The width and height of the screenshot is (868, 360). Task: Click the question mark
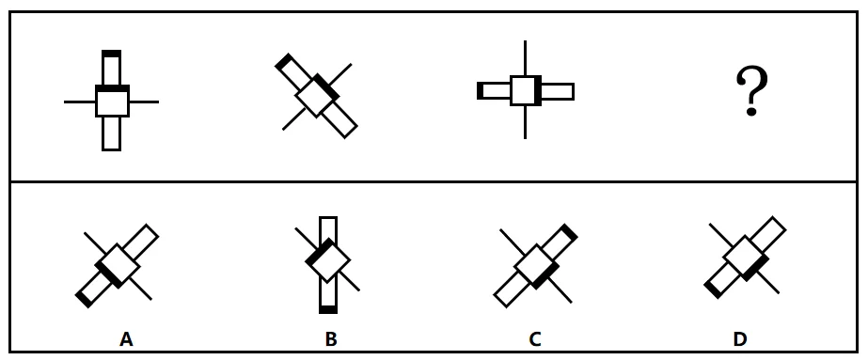(x=751, y=90)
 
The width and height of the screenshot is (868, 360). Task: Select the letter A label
(x=126, y=338)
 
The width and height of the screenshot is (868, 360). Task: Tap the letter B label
(x=330, y=338)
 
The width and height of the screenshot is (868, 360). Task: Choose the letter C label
(x=535, y=338)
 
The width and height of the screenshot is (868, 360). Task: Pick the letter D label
(x=740, y=338)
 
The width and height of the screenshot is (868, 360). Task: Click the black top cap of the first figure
(x=111, y=54)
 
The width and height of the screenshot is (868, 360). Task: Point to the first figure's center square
(x=112, y=102)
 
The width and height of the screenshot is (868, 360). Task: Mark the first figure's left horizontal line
(x=80, y=102)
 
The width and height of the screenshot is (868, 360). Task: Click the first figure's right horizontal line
(x=144, y=102)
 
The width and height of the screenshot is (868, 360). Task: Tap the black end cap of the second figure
(x=283, y=61)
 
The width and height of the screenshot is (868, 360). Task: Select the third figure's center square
(x=526, y=90)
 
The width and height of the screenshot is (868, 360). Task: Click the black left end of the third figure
(x=480, y=90)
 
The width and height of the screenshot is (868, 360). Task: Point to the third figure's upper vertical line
(x=525, y=58)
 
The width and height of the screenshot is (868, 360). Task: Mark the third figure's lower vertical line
(x=525, y=122)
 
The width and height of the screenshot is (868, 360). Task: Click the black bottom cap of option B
(x=328, y=309)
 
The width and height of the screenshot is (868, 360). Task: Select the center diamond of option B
(x=328, y=260)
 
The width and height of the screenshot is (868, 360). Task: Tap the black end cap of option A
(x=84, y=299)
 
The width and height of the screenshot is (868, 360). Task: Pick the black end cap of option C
(x=569, y=232)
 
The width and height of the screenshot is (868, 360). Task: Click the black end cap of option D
(x=713, y=290)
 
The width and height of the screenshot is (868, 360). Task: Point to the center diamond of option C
(x=536, y=267)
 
